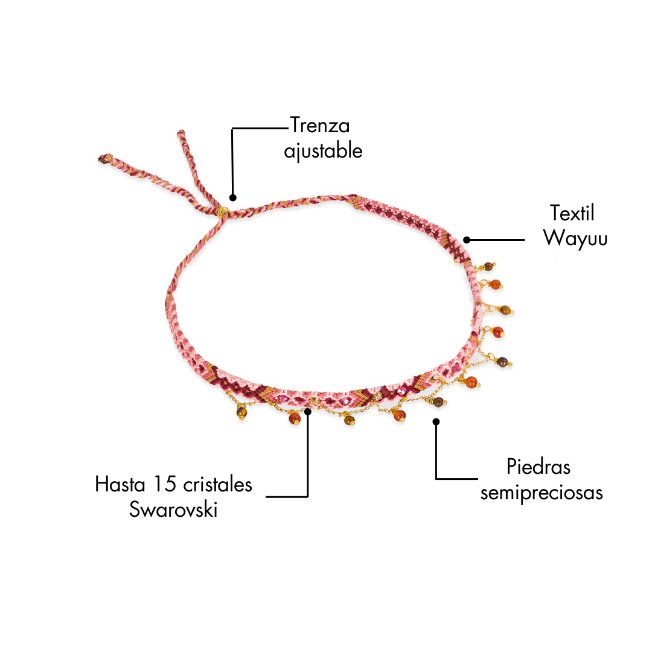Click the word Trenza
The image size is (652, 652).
coord(320,125)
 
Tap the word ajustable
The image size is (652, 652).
coord(323,151)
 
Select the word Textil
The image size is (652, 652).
coord(572,213)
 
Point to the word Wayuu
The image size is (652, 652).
coord(575,238)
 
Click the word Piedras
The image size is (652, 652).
coord(538,467)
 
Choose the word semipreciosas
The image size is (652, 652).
coord(542,493)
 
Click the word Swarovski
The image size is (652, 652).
coord(173,510)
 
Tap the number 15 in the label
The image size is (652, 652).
coord(165,484)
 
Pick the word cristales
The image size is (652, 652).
coord(217,484)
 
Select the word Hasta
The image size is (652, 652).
coord(120,484)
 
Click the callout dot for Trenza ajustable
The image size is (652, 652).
coord(233,198)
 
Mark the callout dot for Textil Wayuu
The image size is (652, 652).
coord(467,240)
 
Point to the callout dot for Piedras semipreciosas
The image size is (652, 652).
coord(436,422)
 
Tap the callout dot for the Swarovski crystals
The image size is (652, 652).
coord(308,412)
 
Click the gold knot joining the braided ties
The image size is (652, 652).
coord(222,212)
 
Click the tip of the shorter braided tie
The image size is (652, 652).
coord(181,133)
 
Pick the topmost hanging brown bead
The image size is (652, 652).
coord(488,267)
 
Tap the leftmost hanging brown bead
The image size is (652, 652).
coord(241,412)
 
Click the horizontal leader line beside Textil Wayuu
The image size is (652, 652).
coord(496,240)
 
